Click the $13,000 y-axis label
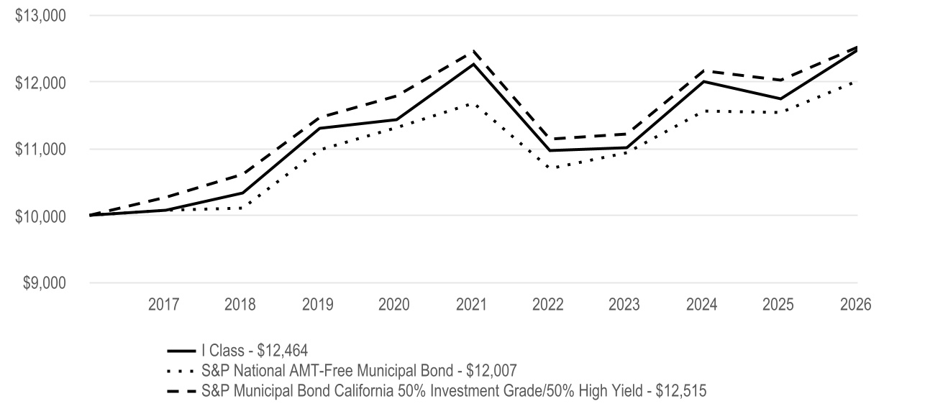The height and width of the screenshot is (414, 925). point(40,16)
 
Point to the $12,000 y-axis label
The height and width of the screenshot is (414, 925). point(40,83)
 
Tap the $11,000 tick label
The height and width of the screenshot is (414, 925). point(40,149)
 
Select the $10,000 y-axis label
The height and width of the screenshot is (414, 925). point(40,216)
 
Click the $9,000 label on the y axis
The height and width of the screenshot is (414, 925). point(44,283)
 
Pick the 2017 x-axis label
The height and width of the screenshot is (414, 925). point(163,305)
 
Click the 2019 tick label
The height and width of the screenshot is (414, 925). point(317,305)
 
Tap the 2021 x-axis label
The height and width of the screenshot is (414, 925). point(471,305)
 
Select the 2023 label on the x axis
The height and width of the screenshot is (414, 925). point(624,305)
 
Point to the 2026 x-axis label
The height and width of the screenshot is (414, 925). point(856,305)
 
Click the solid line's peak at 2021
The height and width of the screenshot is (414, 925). point(473,64)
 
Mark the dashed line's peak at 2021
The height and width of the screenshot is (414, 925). point(473,51)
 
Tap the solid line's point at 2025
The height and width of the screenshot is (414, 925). point(780,98)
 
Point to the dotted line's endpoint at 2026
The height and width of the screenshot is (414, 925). point(857,82)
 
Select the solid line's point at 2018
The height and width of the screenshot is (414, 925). point(243,193)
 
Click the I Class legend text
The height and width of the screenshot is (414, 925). point(255,351)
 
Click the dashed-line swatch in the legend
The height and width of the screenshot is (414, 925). point(182,391)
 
